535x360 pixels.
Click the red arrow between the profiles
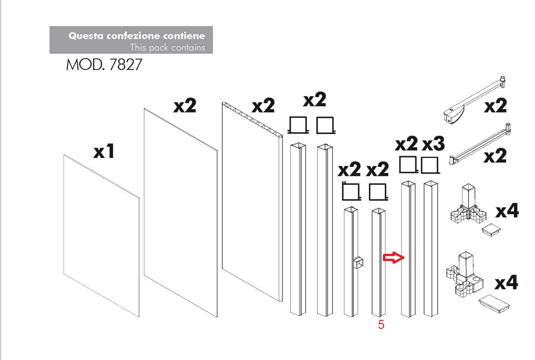tap(394, 258)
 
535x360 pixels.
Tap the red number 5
tap(381, 324)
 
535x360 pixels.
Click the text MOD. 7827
tap(104, 64)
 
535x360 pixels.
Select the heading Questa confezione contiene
tap(137, 36)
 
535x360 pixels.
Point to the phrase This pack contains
tap(167, 47)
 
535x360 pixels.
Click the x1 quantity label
tap(104, 151)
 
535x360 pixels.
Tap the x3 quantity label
tap(433, 144)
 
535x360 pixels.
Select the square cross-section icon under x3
tap(430, 166)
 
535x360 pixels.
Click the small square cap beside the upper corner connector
tap(491, 229)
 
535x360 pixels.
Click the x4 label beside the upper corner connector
tap(507, 211)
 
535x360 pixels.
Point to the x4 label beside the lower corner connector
tap(506, 283)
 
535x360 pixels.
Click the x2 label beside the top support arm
tap(495, 105)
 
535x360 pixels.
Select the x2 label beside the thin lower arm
tap(495, 156)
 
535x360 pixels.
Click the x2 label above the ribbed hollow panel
tap(263, 105)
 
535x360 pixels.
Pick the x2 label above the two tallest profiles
tap(315, 99)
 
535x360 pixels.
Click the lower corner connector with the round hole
tap(464, 274)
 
